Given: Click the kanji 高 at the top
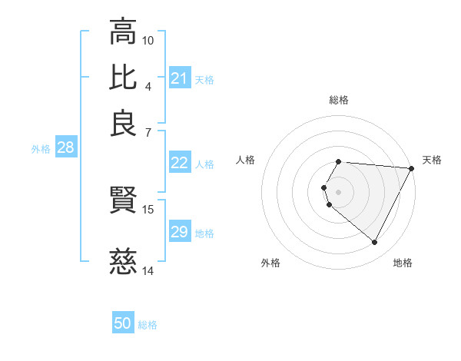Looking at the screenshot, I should pyautogui.click(x=123, y=32).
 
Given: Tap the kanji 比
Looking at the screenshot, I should pyautogui.click(x=123, y=77).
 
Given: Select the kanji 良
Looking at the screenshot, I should pyautogui.click(x=123, y=123).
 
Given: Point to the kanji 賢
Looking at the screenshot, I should pyautogui.click(x=123, y=201).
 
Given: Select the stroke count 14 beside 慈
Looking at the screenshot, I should pyautogui.click(x=148, y=270).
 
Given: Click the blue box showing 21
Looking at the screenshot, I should pyautogui.click(x=180, y=78).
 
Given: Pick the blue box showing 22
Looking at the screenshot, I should pyautogui.click(x=180, y=163).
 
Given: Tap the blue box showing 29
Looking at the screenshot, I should pyautogui.click(x=180, y=232).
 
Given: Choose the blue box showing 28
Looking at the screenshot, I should pyautogui.click(x=65, y=148).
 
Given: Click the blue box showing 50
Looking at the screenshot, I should pyautogui.click(x=123, y=323).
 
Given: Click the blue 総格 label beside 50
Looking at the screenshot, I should pyautogui.click(x=148, y=325).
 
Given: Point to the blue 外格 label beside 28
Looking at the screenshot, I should pyautogui.click(x=41, y=149).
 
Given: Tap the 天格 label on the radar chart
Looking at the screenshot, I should pyautogui.click(x=433, y=160).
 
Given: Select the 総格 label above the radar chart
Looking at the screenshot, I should pyautogui.click(x=339, y=100).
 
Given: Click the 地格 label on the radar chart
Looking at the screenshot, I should pyautogui.click(x=403, y=263).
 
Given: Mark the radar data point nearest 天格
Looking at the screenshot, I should pyautogui.click(x=411, y=168).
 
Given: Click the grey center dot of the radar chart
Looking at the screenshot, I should pyautogui.click(x=339, y=191).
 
